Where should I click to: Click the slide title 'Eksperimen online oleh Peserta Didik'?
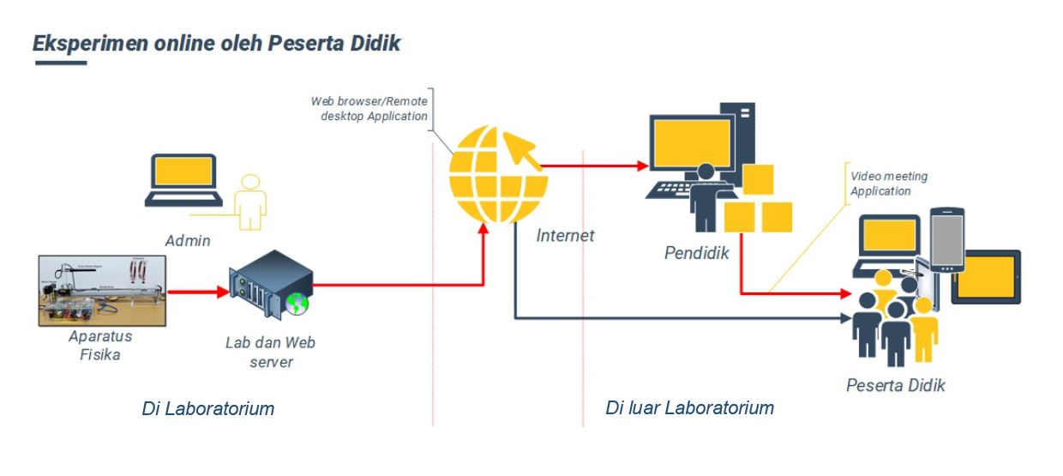point(216,43)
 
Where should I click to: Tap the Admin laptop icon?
point(183,181)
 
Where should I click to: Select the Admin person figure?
point(250,202)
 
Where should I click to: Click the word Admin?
point(188,240)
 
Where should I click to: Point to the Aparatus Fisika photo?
point(102,290)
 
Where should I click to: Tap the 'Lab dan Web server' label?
point(270,352)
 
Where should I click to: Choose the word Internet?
point(565,235)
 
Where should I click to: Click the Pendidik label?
point(696,253)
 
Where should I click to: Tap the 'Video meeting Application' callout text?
point(888,184)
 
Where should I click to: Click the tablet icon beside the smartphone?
point(987,276)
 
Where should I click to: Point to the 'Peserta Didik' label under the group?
point(895,385)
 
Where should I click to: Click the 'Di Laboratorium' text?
point(207,408)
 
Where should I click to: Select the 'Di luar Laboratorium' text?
point(689,407)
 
